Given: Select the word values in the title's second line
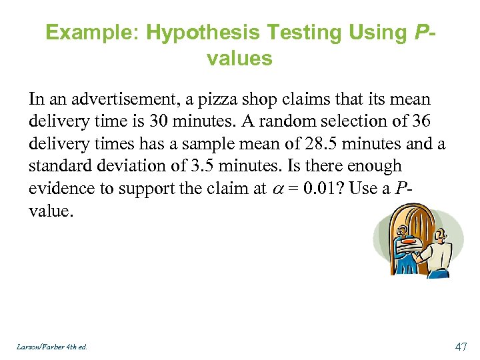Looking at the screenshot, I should click(x=239, y=59).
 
